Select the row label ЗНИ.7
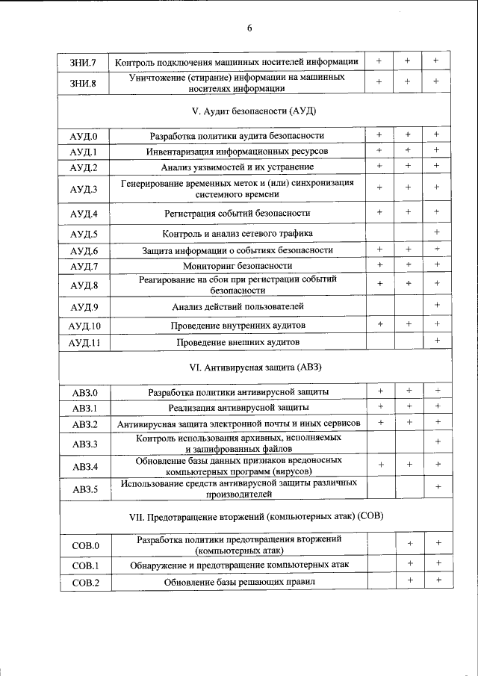[x=84, y=61]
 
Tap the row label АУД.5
[x=84, y=234]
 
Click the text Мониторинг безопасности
[x=237, y=265]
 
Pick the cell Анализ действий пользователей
[x=238, y=306]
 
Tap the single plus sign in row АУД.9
[x=437, y=306]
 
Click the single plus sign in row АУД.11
[x=437, y=341]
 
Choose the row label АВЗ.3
[x=84, y=444]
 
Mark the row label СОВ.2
[x=84, y=582]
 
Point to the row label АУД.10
[x=84, y=326]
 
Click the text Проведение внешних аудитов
[x=238, y=342]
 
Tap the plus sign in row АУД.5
[x=437, y=233]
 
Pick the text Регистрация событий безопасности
[x=238, y=214]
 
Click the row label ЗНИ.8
[x=84, y=81]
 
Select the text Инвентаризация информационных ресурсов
[x=237, y=151]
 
